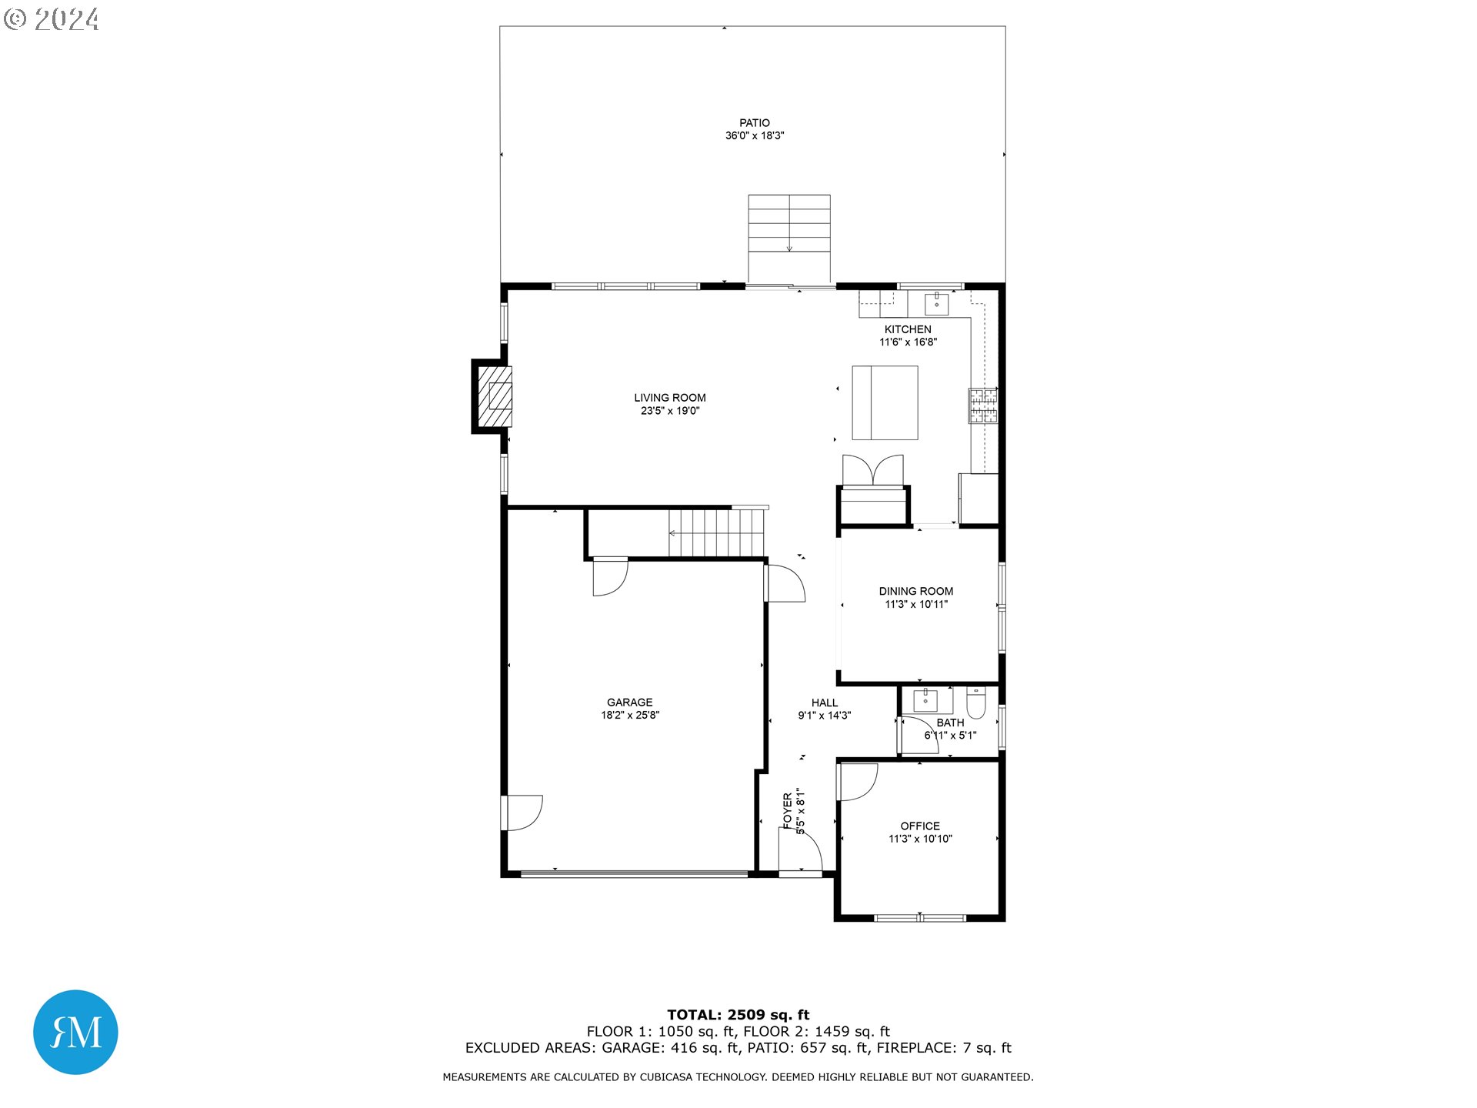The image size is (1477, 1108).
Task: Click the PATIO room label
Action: coord(754,123)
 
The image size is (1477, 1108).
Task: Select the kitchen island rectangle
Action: coord(885,402)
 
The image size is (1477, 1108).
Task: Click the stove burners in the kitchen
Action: coord(982,406)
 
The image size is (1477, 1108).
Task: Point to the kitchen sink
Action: coord(936,304)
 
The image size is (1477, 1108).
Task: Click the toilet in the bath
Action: coord(975,702)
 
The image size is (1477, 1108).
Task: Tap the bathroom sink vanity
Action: coord(925,700)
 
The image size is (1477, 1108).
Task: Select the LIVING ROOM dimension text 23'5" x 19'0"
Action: coord(669,411)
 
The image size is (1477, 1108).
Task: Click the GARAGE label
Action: coord(629,702)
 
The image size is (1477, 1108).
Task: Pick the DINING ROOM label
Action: coord(915,591)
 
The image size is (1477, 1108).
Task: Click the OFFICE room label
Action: coord(920,826)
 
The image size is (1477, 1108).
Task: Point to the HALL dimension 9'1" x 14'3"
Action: coord(824,716)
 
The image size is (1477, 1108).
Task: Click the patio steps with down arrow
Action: coord(789,227)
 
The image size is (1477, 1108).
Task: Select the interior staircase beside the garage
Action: coord(715,532)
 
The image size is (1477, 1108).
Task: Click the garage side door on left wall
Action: coord(523,813)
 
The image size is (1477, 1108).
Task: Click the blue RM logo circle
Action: coord(75,1032)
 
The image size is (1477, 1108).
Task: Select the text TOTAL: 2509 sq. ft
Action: coord(738,1015)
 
